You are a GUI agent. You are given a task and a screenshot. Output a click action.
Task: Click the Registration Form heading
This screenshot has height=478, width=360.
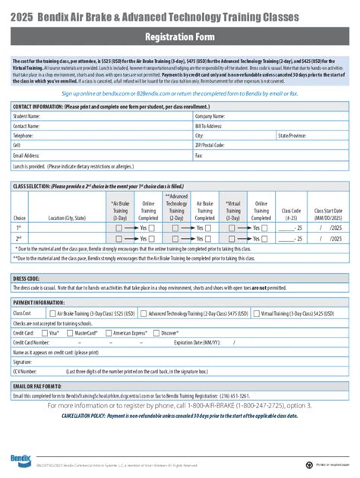coord(180,36)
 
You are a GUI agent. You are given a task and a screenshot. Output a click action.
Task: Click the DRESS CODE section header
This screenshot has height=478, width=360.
coord(27,278)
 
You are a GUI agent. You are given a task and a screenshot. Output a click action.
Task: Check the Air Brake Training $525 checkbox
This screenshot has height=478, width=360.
coord(51,313)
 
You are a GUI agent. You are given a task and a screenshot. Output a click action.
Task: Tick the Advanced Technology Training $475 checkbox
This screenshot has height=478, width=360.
coord(144,313)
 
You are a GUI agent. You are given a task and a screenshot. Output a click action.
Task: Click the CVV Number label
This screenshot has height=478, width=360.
coord(26,372)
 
